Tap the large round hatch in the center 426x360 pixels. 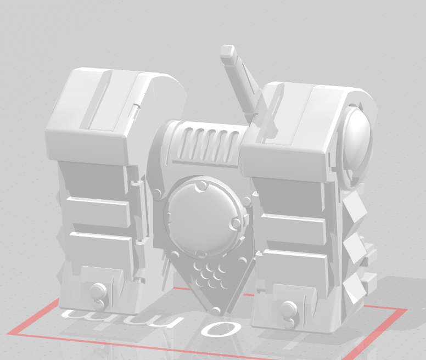(201, 217)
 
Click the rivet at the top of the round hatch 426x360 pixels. (201, 186)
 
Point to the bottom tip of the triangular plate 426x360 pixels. (214, 310)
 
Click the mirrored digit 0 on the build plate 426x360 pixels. (220, 329)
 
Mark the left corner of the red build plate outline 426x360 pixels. (8, 333)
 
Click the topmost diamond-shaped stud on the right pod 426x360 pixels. (356, 207)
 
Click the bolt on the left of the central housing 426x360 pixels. (158, 193)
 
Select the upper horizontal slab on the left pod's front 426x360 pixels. (98, 209)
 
